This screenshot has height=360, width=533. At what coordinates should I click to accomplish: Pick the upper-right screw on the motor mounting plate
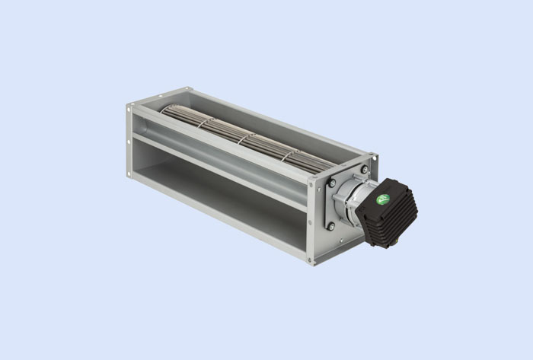(x=364, y=169)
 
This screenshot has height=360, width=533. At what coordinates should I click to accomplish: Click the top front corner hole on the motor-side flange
(x=311, y=180)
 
